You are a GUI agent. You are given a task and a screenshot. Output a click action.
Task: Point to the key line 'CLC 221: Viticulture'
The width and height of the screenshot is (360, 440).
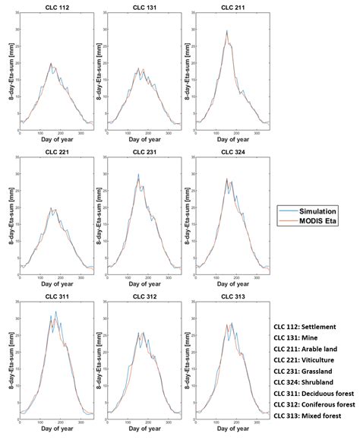(x=308, y=361)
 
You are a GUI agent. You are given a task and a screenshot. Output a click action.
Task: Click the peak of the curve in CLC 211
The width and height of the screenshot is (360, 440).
(x=226, y=31)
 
